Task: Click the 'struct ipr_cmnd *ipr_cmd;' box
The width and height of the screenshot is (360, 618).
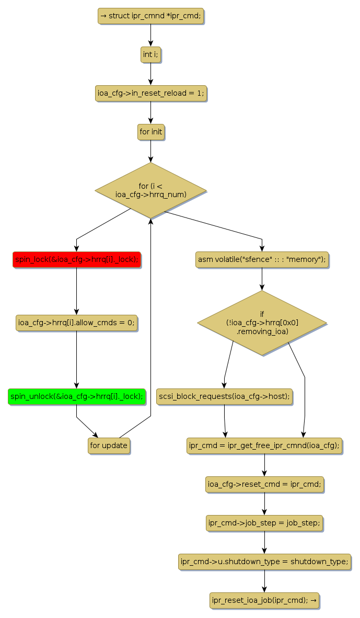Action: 150,16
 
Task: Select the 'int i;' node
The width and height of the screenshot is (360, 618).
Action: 150,54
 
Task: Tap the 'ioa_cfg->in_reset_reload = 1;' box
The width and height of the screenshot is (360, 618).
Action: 150,94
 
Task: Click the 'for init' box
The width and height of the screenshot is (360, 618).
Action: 150,132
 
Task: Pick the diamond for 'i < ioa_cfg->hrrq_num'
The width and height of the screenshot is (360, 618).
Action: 150,190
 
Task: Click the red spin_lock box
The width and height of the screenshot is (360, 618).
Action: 77,259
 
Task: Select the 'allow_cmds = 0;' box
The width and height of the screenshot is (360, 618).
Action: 77,323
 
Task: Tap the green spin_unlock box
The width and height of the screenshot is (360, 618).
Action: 76,396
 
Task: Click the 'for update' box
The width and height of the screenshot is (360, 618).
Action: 109,446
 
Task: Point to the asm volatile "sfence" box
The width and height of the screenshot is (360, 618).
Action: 262,259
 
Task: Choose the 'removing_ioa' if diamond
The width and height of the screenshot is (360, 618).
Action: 262,323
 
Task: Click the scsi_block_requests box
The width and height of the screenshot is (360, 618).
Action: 224,396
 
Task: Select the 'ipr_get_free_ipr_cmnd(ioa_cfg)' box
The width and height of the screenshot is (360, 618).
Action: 264,446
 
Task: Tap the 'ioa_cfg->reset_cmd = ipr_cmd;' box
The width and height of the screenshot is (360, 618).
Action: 264,485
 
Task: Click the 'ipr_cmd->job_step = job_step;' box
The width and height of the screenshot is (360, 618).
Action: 264,523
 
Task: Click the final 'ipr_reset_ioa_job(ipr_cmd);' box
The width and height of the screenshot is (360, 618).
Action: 264,600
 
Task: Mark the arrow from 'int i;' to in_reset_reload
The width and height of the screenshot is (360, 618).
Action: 150,74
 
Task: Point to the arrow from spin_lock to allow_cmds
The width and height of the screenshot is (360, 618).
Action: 77,291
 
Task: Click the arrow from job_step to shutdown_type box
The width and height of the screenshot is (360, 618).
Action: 264,542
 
